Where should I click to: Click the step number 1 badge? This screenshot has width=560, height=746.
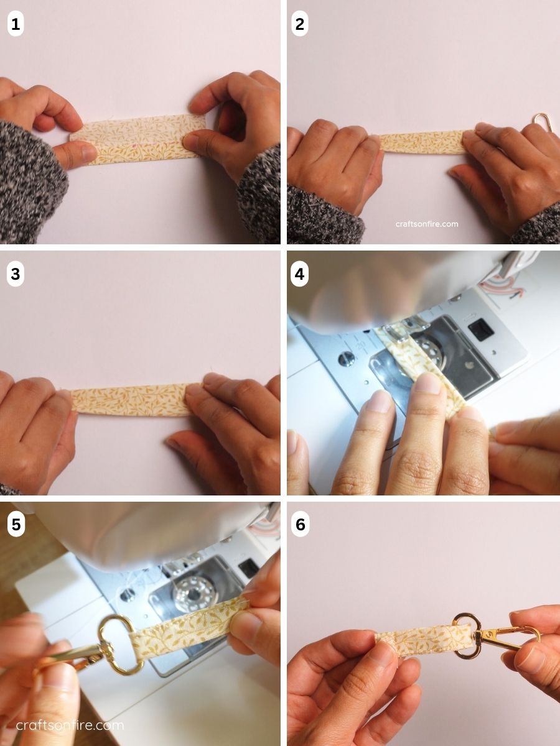(16, 24)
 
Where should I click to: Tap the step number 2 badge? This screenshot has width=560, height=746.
(300, 24)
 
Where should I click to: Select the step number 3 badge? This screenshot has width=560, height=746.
(16, 274)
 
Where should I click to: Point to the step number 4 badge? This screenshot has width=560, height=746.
(300, 274)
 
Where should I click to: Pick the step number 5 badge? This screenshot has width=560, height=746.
(16, 525)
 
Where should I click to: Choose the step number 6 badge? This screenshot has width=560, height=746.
(300, 525)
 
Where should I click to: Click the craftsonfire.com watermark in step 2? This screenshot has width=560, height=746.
(426, 224)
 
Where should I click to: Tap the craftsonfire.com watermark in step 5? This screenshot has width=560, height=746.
(70, 725)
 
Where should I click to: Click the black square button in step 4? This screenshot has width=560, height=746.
(478, 330)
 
